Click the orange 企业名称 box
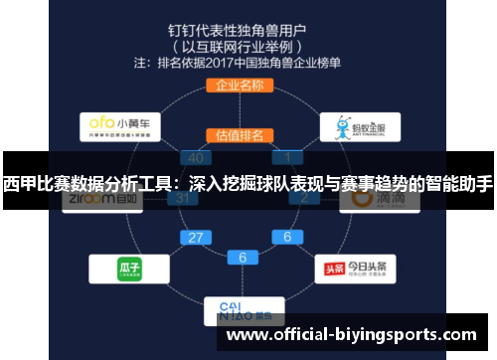pyautogui.click(x=239, y=85)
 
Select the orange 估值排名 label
pyautogui.click(x=239, y=134)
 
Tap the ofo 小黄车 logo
pyautogui.click(x=118, y=126)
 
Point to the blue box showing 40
pyautogui.click(x=195, y=158)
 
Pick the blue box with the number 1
pyautogui.click(x=288, y=158)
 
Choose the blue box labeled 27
pyautogui.click(x=195, y=237)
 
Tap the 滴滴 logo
pyautogui.click(x=373, y=199)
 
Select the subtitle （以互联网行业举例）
pyautogui.click(x=239, y=45)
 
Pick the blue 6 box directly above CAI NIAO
pyautogui.click(x=242, y=257)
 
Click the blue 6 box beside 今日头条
pyautogui.click(x=288, y=237)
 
